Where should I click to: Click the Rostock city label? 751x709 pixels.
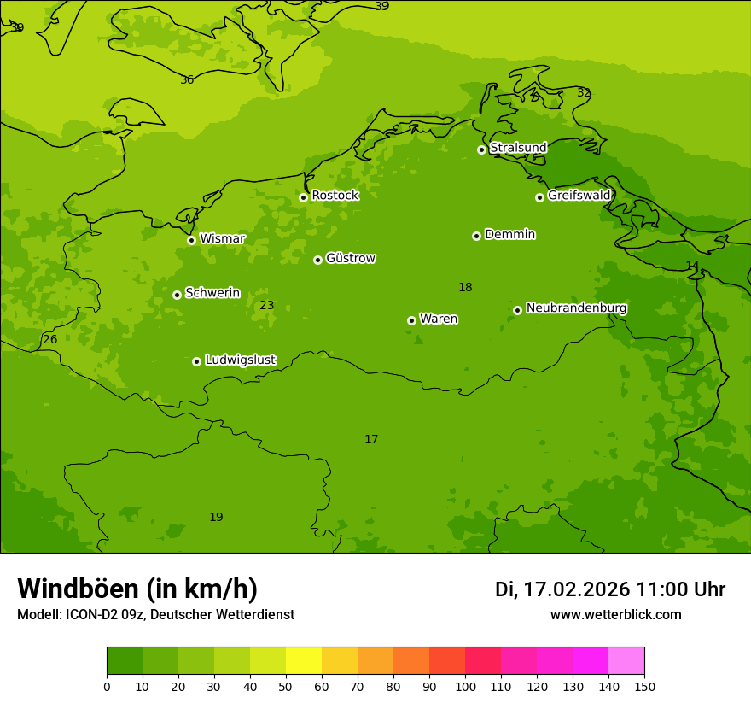tap(335, 196)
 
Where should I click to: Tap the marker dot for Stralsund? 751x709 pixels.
tap(481, 149)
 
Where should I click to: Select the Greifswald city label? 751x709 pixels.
tap(579, 196)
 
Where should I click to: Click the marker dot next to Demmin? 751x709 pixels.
tap(476, 236)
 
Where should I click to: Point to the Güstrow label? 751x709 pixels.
tap(350, 258)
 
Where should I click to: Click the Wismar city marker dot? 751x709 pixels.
tap(191, 240)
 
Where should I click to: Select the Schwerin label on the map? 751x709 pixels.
tap(212, 293)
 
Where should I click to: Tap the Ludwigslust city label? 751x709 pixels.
tap(240, 360)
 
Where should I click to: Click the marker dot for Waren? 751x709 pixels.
tap(411, 320)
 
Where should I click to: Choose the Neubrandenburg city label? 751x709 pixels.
tap(576, 308)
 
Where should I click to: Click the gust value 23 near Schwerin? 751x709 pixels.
tap(267, 306)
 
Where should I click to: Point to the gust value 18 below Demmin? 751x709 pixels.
tap(465, 288)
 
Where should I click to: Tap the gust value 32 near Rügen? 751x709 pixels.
tap(584, 93)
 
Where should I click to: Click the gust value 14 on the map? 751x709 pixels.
tap(692, 266)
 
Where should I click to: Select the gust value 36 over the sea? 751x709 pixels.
tap(187, 80)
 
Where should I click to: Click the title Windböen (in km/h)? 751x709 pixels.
tap(137, 589)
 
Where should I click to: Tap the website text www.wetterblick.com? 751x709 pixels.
tap(615, 615)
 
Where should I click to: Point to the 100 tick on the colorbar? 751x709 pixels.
tap(465, 686)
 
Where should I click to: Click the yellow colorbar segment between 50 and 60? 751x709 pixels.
tap(304, 660)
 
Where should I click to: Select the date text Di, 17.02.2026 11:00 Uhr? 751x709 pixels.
tap(609, 589)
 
